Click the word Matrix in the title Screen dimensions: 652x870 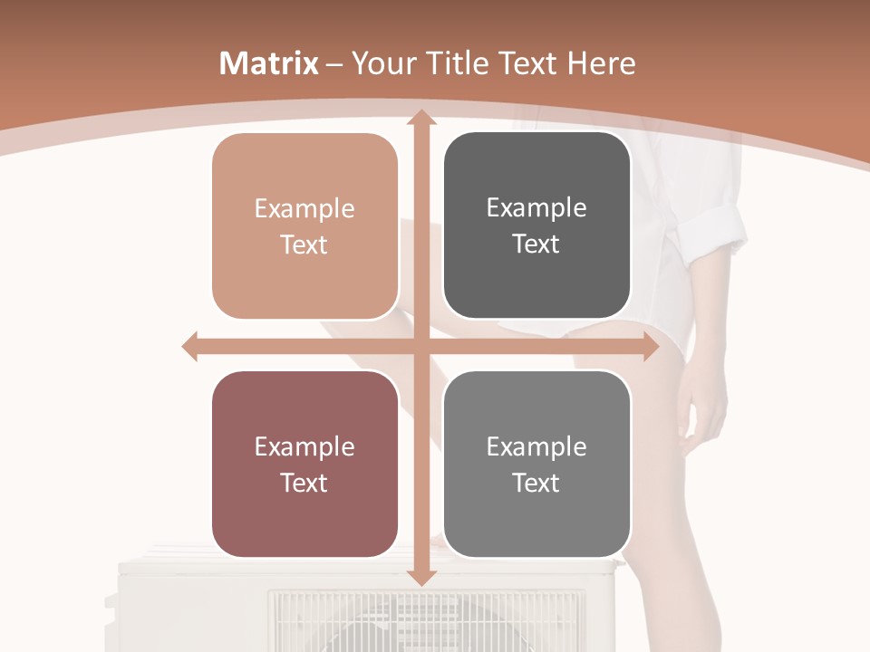coord(269,63)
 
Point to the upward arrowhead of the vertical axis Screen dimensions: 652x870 coord(420,118)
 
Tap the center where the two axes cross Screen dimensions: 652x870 coord(420,347)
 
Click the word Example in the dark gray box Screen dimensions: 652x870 coord(536,208)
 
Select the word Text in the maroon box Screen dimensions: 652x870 coord(304,483)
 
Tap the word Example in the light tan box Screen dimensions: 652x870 coord(304,209)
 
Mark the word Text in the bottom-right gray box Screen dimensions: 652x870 coord(536,483)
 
